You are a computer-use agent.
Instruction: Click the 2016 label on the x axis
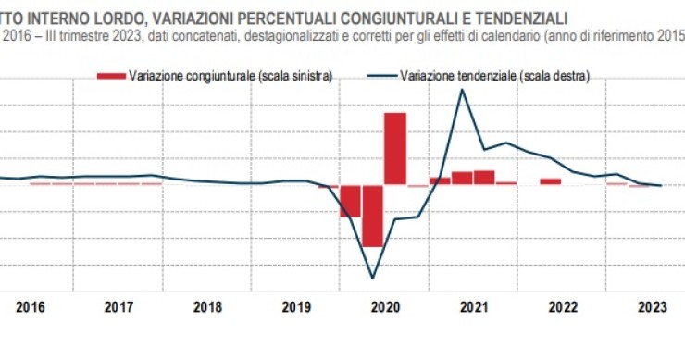point(31,306)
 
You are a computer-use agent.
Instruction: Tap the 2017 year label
point(118,306)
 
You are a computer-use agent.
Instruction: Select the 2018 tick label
point(206,306)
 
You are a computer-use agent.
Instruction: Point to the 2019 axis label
point(295,306)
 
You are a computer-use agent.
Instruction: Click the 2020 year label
point(384,306)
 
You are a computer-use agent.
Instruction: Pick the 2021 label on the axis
point(473,306)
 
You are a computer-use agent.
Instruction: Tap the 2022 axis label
point(562,306)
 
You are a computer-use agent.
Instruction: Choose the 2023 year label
point(651,306)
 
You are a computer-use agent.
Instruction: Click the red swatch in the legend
point(111,74)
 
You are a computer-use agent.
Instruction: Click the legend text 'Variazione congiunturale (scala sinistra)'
point(231,74)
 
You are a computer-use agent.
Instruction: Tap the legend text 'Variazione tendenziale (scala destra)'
point(495,74)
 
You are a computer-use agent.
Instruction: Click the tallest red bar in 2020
point(395,148)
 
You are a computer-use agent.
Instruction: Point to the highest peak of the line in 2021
point(462,90)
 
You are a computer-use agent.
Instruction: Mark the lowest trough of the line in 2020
point(373,278)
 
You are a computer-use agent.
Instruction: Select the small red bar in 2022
point(551,181)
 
